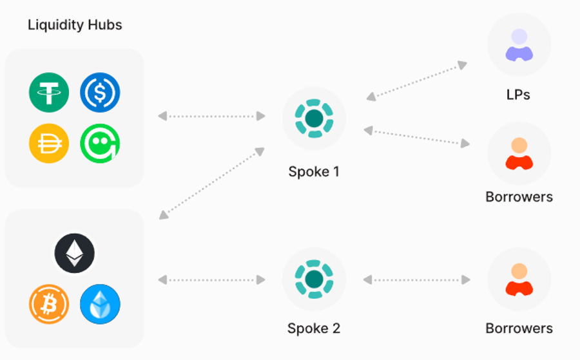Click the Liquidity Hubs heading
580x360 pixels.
tap(75, 26)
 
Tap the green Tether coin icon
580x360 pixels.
tap(49, 93)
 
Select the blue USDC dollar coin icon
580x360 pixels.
tap(100, 93)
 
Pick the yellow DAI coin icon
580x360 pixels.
tap(49, 143)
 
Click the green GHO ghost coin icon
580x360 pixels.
tap(100, 143)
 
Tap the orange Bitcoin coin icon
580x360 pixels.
tap(49, 303)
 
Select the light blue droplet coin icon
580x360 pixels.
tap(100, 303)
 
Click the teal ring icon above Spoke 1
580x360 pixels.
tap(314, 118)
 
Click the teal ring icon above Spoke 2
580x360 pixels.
tap(314, 279)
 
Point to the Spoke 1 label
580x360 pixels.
tap(314, 172)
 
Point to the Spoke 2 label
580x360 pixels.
tap(314, 328)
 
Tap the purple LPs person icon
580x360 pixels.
tap(519, 45)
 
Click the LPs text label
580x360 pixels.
tap(518, 95)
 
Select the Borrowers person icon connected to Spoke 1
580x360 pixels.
tap(519, 153)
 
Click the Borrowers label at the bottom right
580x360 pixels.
tap(519, 328)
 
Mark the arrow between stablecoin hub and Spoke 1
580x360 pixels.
tap(211, 117)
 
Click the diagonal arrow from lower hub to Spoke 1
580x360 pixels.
tap(211, 183)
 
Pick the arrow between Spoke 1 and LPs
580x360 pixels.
tap(416, 81)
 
